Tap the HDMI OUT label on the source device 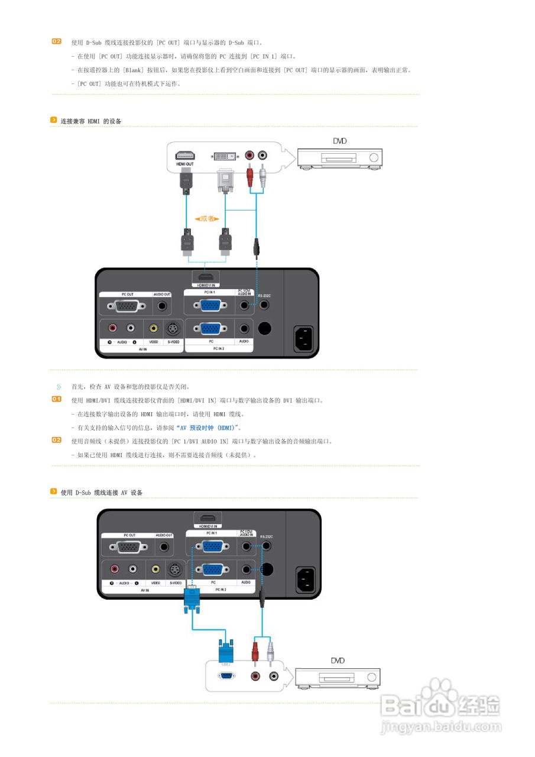point(185,163)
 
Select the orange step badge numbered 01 point(57,400)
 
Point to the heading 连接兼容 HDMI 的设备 point(91,121)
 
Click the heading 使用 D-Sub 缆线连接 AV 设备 point(101,492)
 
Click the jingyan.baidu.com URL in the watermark point(441,726)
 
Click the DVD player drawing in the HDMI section point(339,157)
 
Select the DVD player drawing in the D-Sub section point(338,677)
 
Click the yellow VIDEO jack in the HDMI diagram point(154,328)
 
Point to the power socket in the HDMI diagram point(303,338)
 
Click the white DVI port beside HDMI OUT point(225,156)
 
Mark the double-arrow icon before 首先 point(59,387)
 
